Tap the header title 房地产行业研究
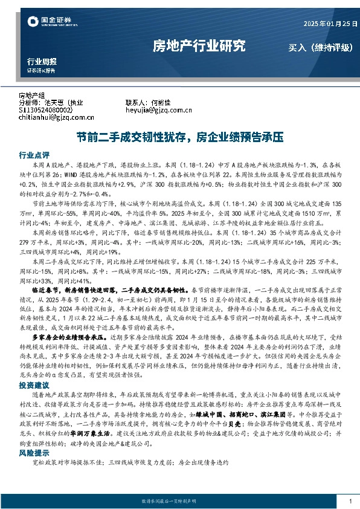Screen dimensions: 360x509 click(199, 45)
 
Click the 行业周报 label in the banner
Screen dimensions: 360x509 click(42, 62)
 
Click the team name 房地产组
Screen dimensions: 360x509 click(32, 96)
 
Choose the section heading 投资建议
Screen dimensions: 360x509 click(34, 384)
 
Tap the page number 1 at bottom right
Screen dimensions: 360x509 click(351, 501)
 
